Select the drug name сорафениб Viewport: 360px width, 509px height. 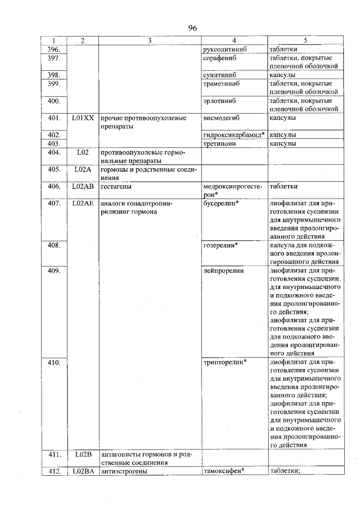[219, 58]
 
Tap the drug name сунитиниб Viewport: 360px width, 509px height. [218, 74]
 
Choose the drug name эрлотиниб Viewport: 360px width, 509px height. [219, 101]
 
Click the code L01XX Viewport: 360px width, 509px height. [83, 118]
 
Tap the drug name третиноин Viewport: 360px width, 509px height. [219, 143]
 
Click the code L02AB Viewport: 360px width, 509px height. [83, 186]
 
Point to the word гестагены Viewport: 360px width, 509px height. [116, 186]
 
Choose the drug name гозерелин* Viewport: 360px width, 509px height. [220, 245]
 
